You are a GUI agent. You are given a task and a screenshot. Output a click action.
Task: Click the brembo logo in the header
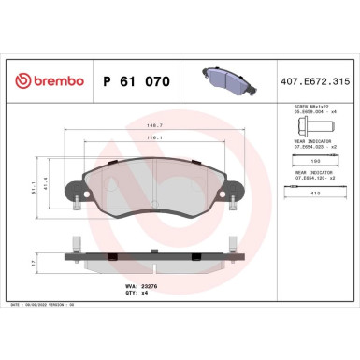44,81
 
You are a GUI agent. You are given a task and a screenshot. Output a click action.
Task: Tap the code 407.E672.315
319,81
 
